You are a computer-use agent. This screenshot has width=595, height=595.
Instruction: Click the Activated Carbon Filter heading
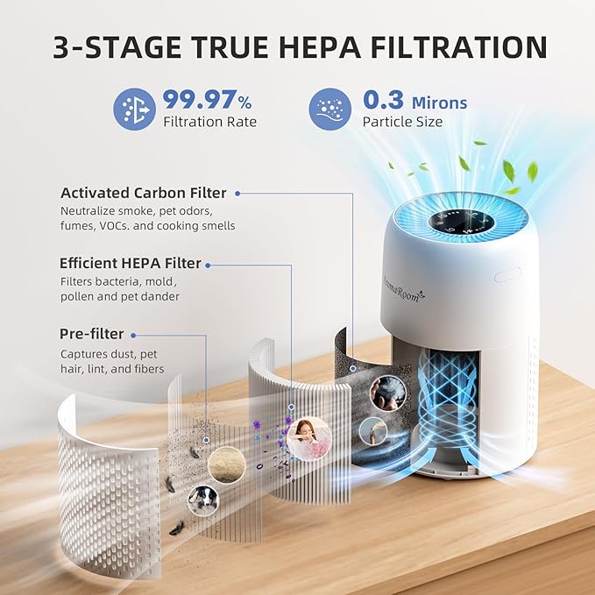(143, 193)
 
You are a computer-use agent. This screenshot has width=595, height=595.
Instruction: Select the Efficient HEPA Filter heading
(131, 263)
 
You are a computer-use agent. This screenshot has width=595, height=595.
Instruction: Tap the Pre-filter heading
(92, 334)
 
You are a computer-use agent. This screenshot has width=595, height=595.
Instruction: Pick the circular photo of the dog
(202, 500)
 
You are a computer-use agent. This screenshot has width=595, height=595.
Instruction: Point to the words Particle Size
(402, 122)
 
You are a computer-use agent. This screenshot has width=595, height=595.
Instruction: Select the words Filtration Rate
(210, 122)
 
